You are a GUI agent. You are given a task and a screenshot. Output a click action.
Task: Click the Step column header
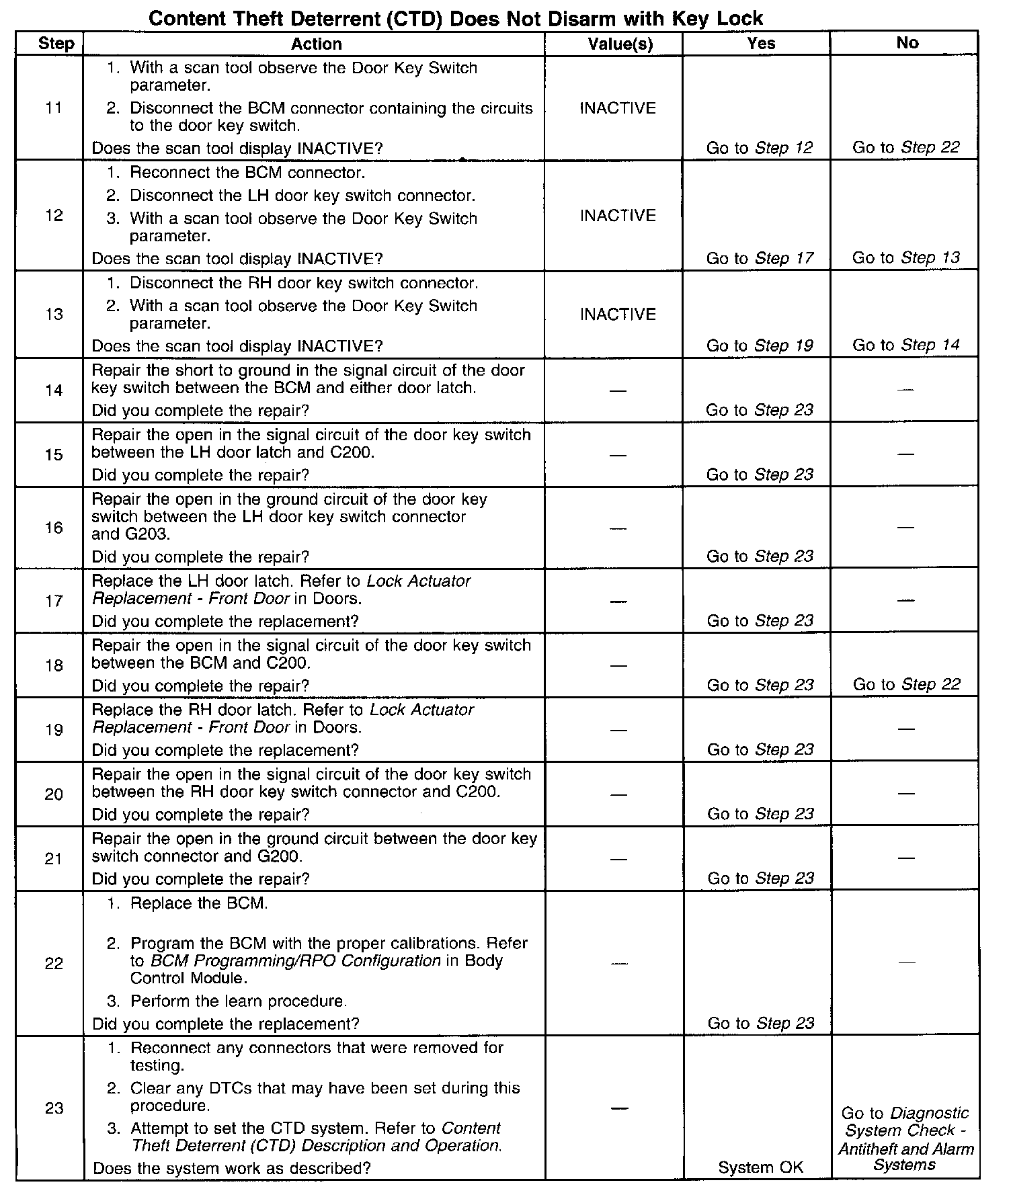pos(56,44)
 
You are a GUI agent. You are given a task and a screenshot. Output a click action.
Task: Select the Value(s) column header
pos(620,44)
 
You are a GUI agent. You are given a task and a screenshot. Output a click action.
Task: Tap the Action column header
pos(316,44)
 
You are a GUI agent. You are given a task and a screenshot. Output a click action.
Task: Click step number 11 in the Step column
pos(54,108)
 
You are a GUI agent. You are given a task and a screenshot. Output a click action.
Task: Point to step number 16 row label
pos(54,528)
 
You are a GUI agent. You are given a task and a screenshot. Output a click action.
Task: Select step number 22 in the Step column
pos(54,963)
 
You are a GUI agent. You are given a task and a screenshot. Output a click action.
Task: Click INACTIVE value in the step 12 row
pos(617,215)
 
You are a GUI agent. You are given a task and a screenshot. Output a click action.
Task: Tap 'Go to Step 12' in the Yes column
pos(760,148)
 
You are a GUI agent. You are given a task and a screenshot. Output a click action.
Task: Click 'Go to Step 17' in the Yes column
pos(760,258)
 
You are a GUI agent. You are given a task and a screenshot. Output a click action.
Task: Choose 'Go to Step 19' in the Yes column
pos(760,345)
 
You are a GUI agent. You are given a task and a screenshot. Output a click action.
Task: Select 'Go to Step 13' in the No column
pos(905,257)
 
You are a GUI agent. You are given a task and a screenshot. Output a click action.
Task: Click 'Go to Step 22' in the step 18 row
pos(906,684)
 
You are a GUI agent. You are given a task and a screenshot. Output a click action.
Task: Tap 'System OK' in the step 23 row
pos(760,1167)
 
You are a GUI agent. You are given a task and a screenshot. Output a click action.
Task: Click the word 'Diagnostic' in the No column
pos(930,1113)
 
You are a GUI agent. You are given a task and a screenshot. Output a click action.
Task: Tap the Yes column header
pos(761,43)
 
